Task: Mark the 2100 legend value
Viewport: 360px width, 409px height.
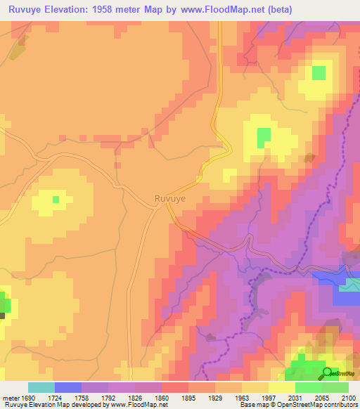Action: (349, 397)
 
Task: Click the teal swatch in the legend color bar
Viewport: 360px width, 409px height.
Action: (41, 387)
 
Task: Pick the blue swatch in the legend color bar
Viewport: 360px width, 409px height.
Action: (68, 387)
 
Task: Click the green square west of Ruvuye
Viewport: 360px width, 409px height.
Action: (56, 200)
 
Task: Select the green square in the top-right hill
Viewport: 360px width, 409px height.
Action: (319, 72)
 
